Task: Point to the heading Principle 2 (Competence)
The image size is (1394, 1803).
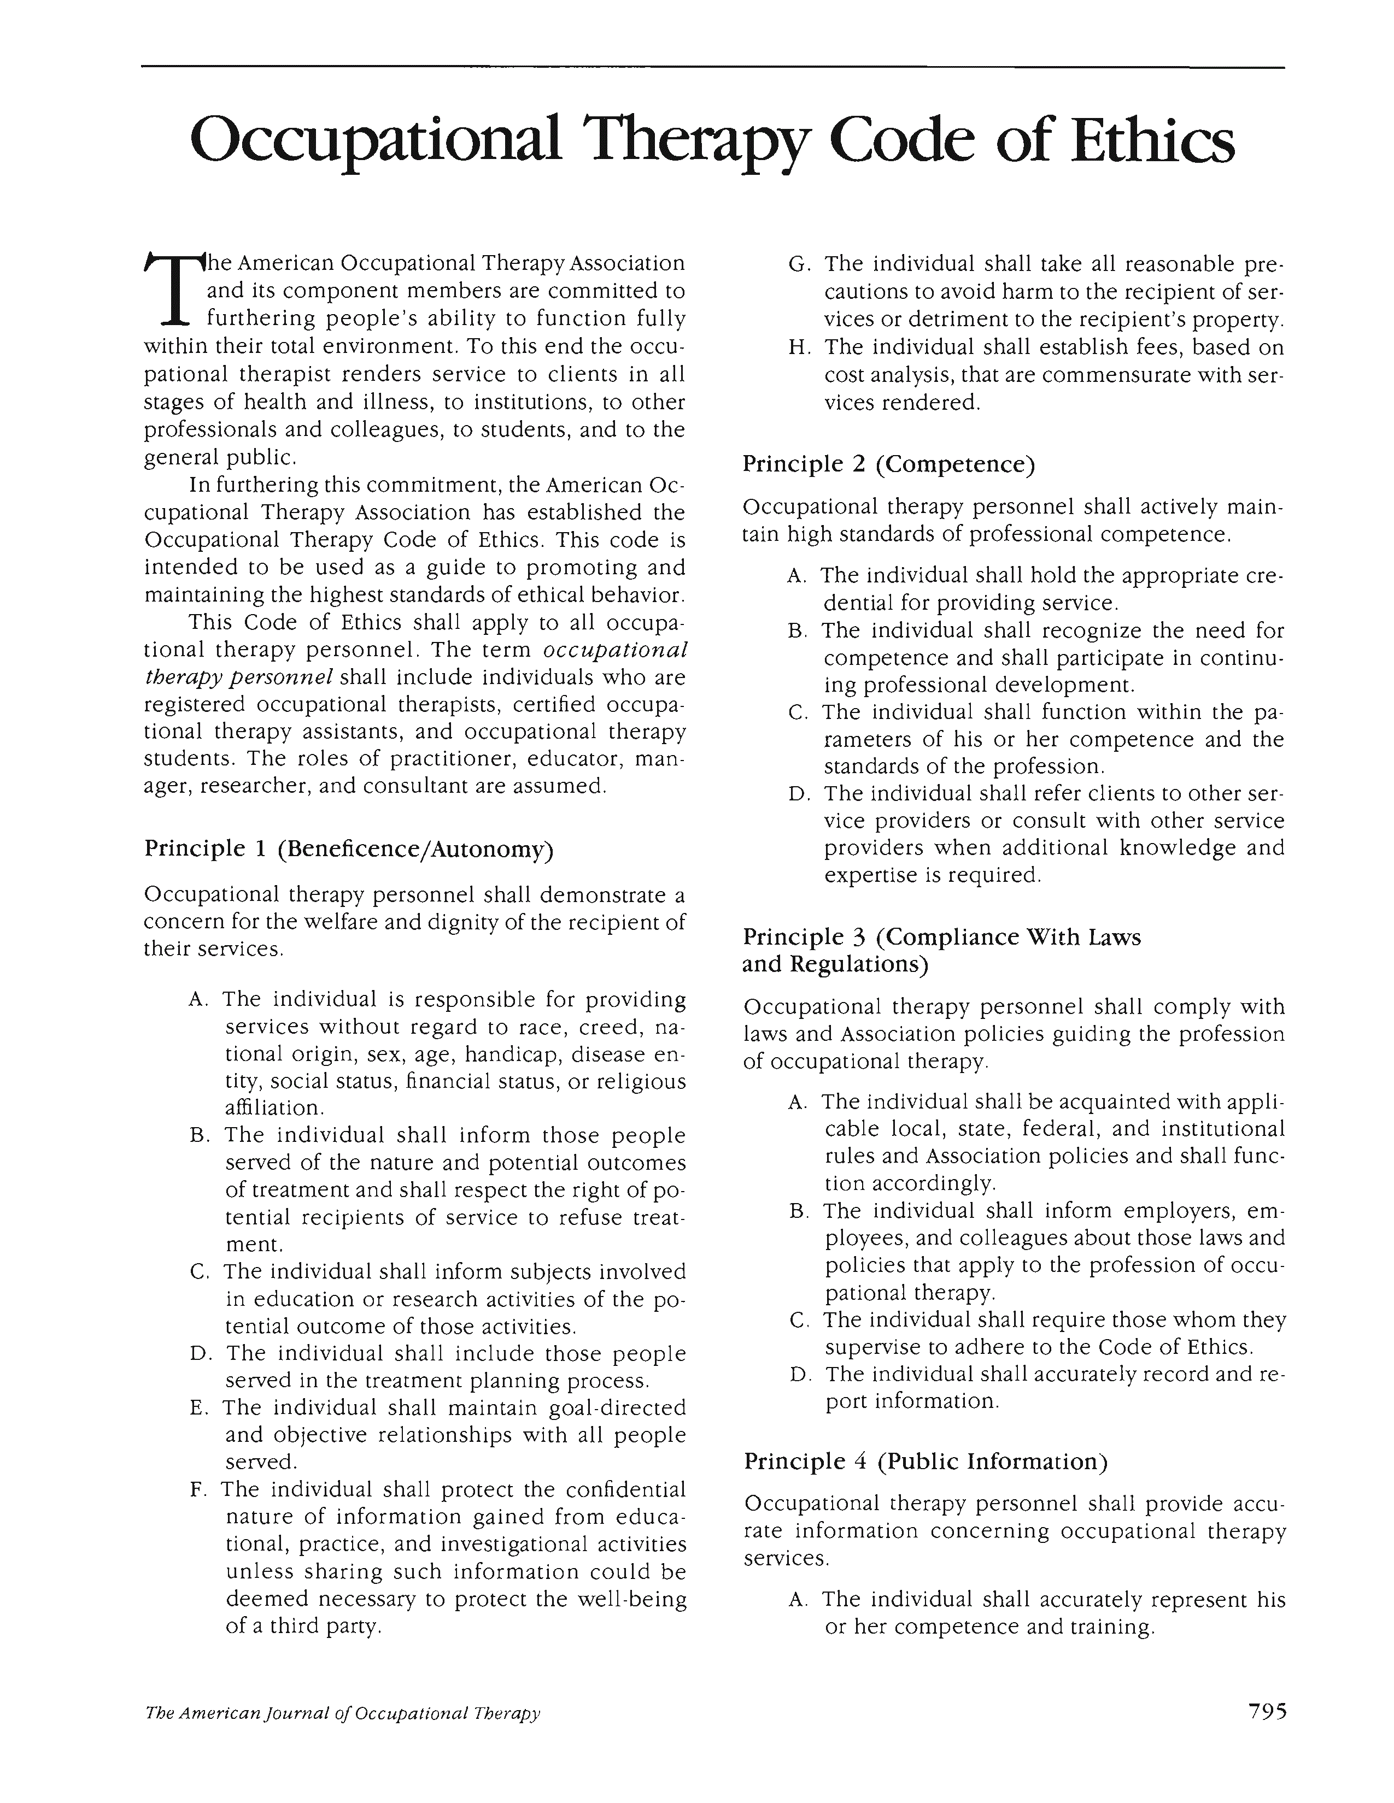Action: point(888,465)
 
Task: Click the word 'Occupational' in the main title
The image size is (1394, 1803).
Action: point(376,142)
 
